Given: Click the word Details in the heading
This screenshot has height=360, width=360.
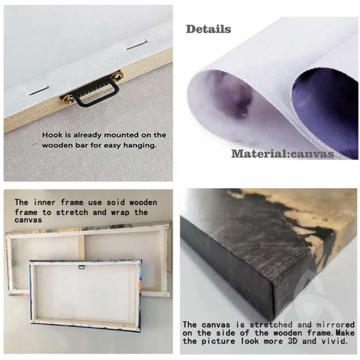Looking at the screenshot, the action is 208,29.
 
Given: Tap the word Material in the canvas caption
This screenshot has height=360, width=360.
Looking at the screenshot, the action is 258,154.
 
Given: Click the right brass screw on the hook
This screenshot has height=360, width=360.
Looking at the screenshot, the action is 118,76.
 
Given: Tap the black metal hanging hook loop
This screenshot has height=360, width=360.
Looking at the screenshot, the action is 97,92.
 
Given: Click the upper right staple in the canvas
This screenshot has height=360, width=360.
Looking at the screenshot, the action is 136,45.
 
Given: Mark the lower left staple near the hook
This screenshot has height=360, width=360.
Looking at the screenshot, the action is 38,91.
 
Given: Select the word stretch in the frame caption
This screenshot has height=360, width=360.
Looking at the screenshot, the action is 72,212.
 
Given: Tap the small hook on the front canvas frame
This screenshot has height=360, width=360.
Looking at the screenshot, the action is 82,267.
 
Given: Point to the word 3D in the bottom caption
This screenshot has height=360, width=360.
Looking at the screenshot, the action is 292,341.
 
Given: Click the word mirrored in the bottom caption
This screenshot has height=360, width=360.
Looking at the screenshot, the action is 335,325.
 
